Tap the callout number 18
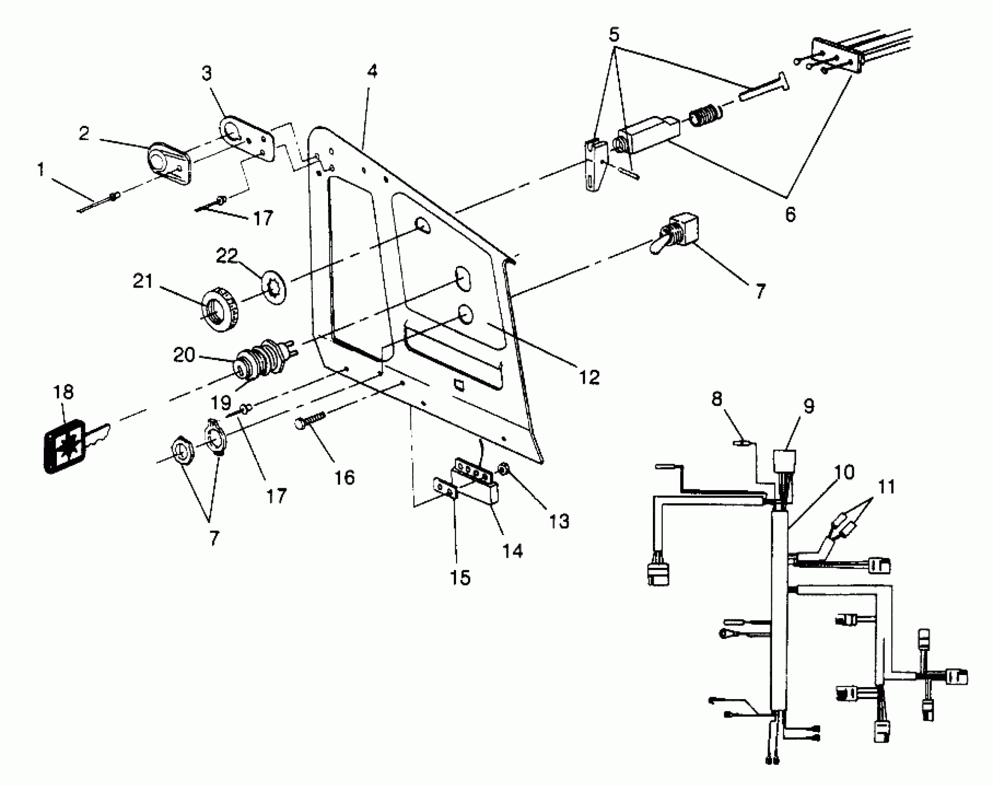[63, 392]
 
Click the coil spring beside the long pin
[704, 117]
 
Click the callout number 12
[589, 377]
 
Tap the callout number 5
[614, 35]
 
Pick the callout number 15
[460, 577]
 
